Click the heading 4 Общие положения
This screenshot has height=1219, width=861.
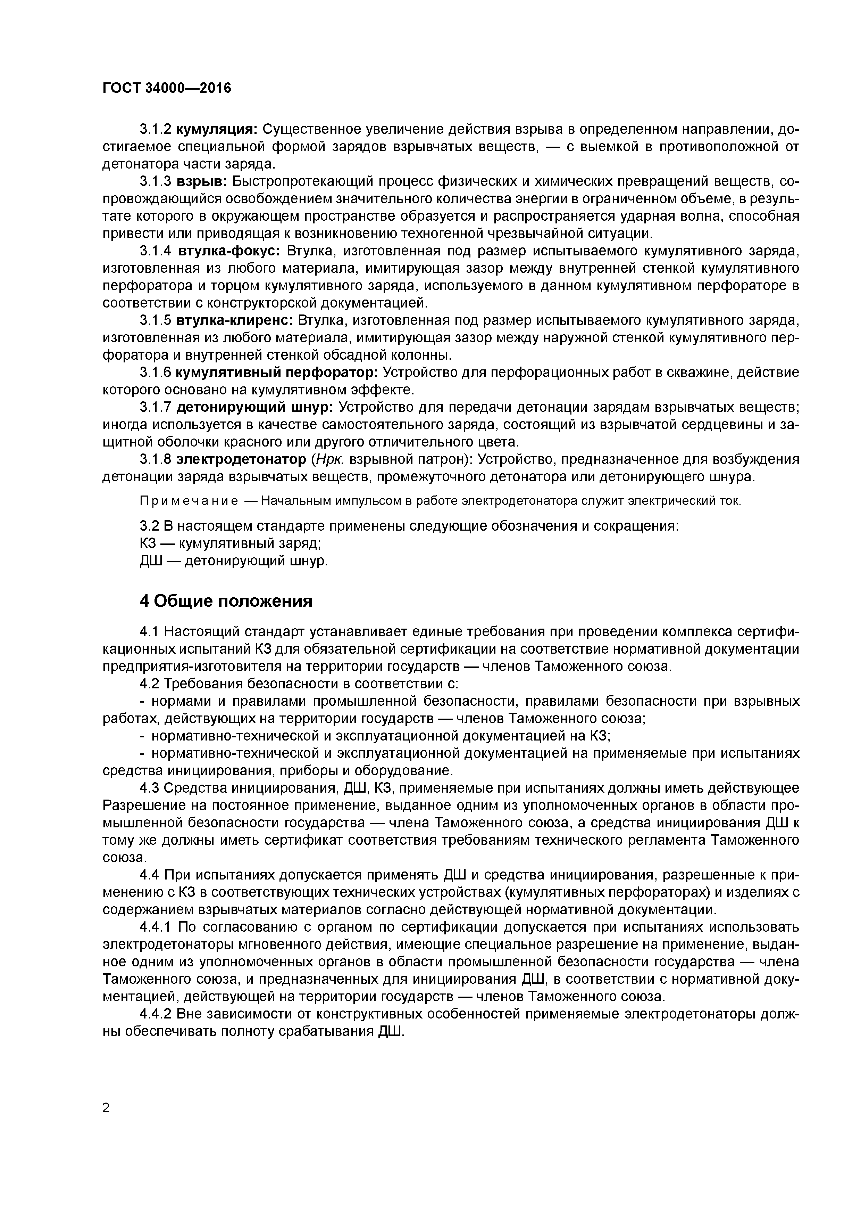[225, 601]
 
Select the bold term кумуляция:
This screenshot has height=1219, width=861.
[216, 130]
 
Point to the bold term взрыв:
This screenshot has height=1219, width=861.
[201, 182]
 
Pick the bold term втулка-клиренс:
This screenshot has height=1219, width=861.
[234, 321]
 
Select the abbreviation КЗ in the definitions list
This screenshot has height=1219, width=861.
[149, 544]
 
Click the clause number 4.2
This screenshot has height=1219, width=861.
[149, 684]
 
